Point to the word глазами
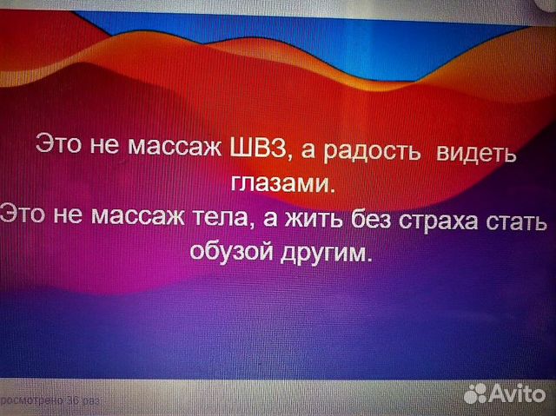(x=282, y=185)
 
